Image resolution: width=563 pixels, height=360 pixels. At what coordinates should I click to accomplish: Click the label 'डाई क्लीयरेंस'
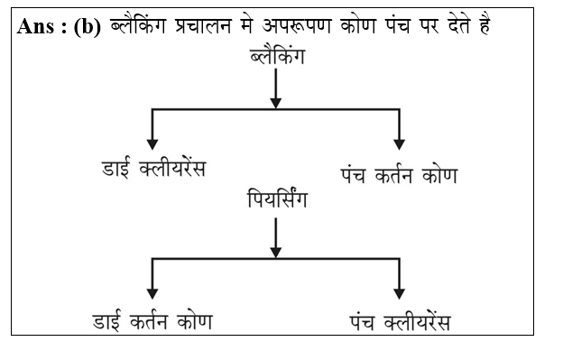click(152, 169)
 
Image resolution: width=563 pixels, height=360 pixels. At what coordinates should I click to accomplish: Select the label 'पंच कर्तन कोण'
click(398, 175)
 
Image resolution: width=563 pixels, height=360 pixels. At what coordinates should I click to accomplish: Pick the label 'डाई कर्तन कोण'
click(152, 320)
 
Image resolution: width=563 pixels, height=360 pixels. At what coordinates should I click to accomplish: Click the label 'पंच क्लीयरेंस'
click(398, 320)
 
